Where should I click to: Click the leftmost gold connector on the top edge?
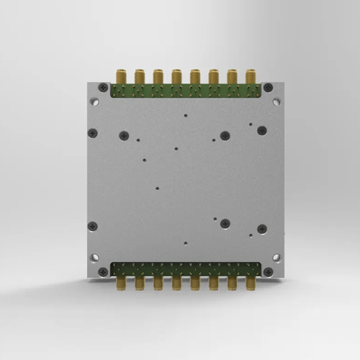(120, 76)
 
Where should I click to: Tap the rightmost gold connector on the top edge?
(251, 76)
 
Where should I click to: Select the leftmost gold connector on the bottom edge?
(120, 283)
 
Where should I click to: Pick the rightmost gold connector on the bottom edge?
(251, 283)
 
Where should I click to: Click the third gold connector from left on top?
(158, 76)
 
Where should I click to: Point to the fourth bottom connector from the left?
(176, 283)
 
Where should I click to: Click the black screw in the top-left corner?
(103, 87)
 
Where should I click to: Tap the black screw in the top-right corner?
(268, 87)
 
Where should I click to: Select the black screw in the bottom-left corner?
(103, 271)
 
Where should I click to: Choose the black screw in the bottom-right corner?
(268, 271)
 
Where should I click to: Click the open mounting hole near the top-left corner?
(94, 102)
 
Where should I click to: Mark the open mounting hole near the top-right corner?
(276, 102)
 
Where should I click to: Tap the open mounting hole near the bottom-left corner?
(94, 257)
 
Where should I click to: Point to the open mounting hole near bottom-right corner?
(276, 257)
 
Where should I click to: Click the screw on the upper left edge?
(92, 133)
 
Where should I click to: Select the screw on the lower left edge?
(92, 225)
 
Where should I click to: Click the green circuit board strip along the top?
(185, 91)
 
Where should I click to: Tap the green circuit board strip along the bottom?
(185, 269)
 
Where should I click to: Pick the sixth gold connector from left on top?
(213, 76)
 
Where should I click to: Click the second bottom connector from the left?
(139, 283)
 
